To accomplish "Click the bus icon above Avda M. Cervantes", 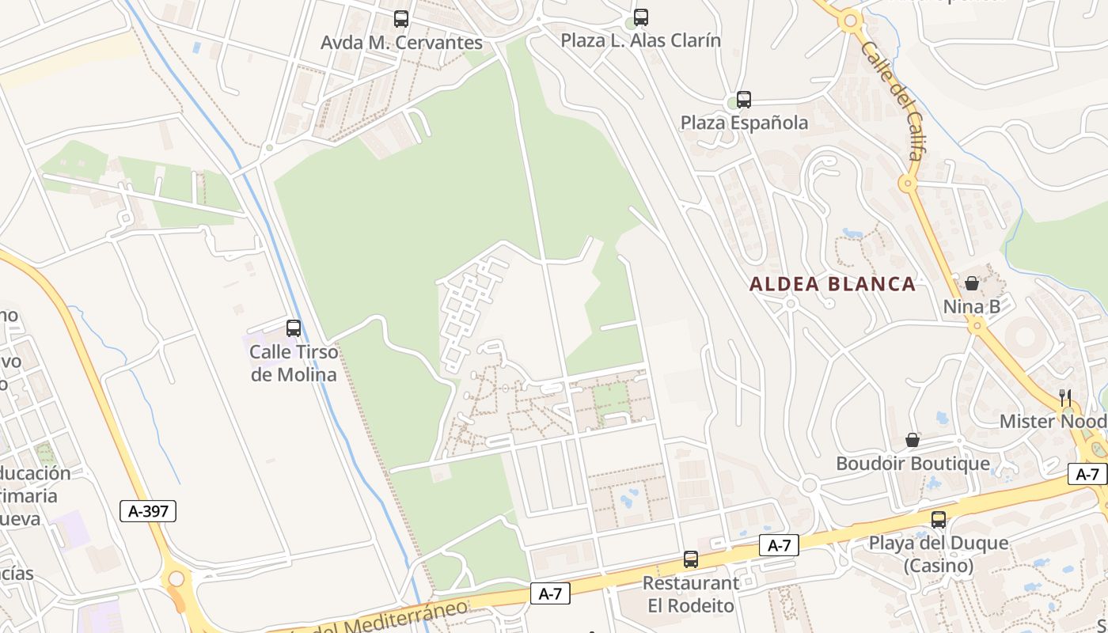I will coord(401,18).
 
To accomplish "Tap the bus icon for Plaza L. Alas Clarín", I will coord(641,17).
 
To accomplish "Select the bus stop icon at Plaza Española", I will coord(744,99).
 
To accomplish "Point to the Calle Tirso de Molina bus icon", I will coord(294,328).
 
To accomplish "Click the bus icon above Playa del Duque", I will coord(939,519).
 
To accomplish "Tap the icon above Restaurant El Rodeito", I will coord(691,559).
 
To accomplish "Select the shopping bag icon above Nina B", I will coord(972,282).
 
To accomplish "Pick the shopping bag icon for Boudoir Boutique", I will coord(913,440).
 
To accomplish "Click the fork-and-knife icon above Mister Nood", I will coord(1065,397).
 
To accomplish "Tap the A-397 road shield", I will coord(148,511).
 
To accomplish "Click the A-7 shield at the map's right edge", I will coord(1088,474).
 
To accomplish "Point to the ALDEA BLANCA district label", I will coord(833,284).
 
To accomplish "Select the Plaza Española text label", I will coord(745,123).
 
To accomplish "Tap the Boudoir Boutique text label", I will coord(913,464).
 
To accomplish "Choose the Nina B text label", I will coord(971,306).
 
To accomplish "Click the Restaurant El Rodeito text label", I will coord(691,594).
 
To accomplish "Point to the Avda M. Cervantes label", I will coord(401,42).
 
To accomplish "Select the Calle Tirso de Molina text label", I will coord(294,363).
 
